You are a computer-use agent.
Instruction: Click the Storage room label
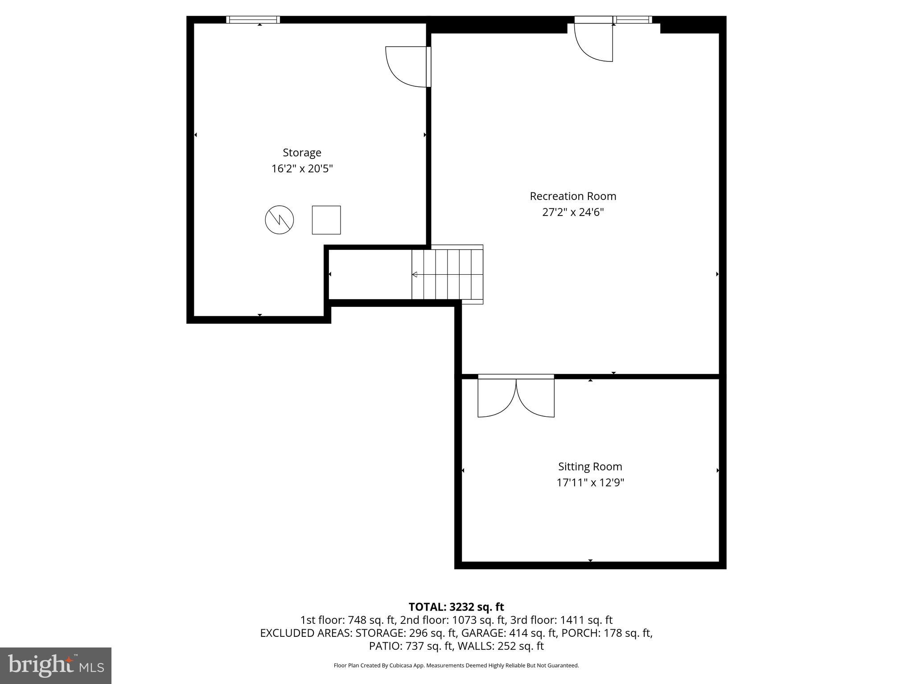point(302,153)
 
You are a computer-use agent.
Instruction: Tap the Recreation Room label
point(572,196)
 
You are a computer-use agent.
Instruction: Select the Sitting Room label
point(590,467)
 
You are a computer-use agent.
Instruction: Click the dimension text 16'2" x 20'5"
point(302,169)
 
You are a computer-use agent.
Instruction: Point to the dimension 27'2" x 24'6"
point(572,212)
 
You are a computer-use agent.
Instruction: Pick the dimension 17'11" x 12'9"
point(590,483)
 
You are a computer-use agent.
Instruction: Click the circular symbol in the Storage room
point(280,220)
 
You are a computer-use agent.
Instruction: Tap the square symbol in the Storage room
point(326,220)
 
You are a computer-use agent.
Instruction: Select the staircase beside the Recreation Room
point(447,274)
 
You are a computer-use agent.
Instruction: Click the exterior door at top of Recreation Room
point(594,40)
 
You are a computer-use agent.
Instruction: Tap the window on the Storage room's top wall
point(253,20)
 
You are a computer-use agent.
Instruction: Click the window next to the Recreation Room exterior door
point(633,20)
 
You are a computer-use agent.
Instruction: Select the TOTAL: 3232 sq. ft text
point(456,607)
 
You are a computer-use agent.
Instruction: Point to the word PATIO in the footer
point(385,646)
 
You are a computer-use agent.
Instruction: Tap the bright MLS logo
point(56,665)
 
